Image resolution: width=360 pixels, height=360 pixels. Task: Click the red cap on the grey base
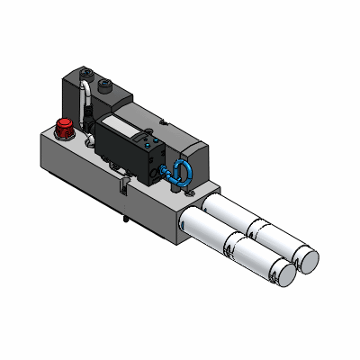65,126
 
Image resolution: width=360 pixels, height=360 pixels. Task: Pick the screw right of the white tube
106,85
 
